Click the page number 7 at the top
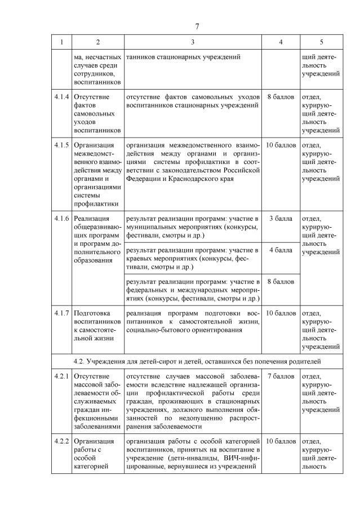197,26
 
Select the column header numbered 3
193,42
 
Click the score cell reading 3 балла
280,218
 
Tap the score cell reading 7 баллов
280,375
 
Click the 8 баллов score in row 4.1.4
280,97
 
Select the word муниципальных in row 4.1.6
151,227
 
